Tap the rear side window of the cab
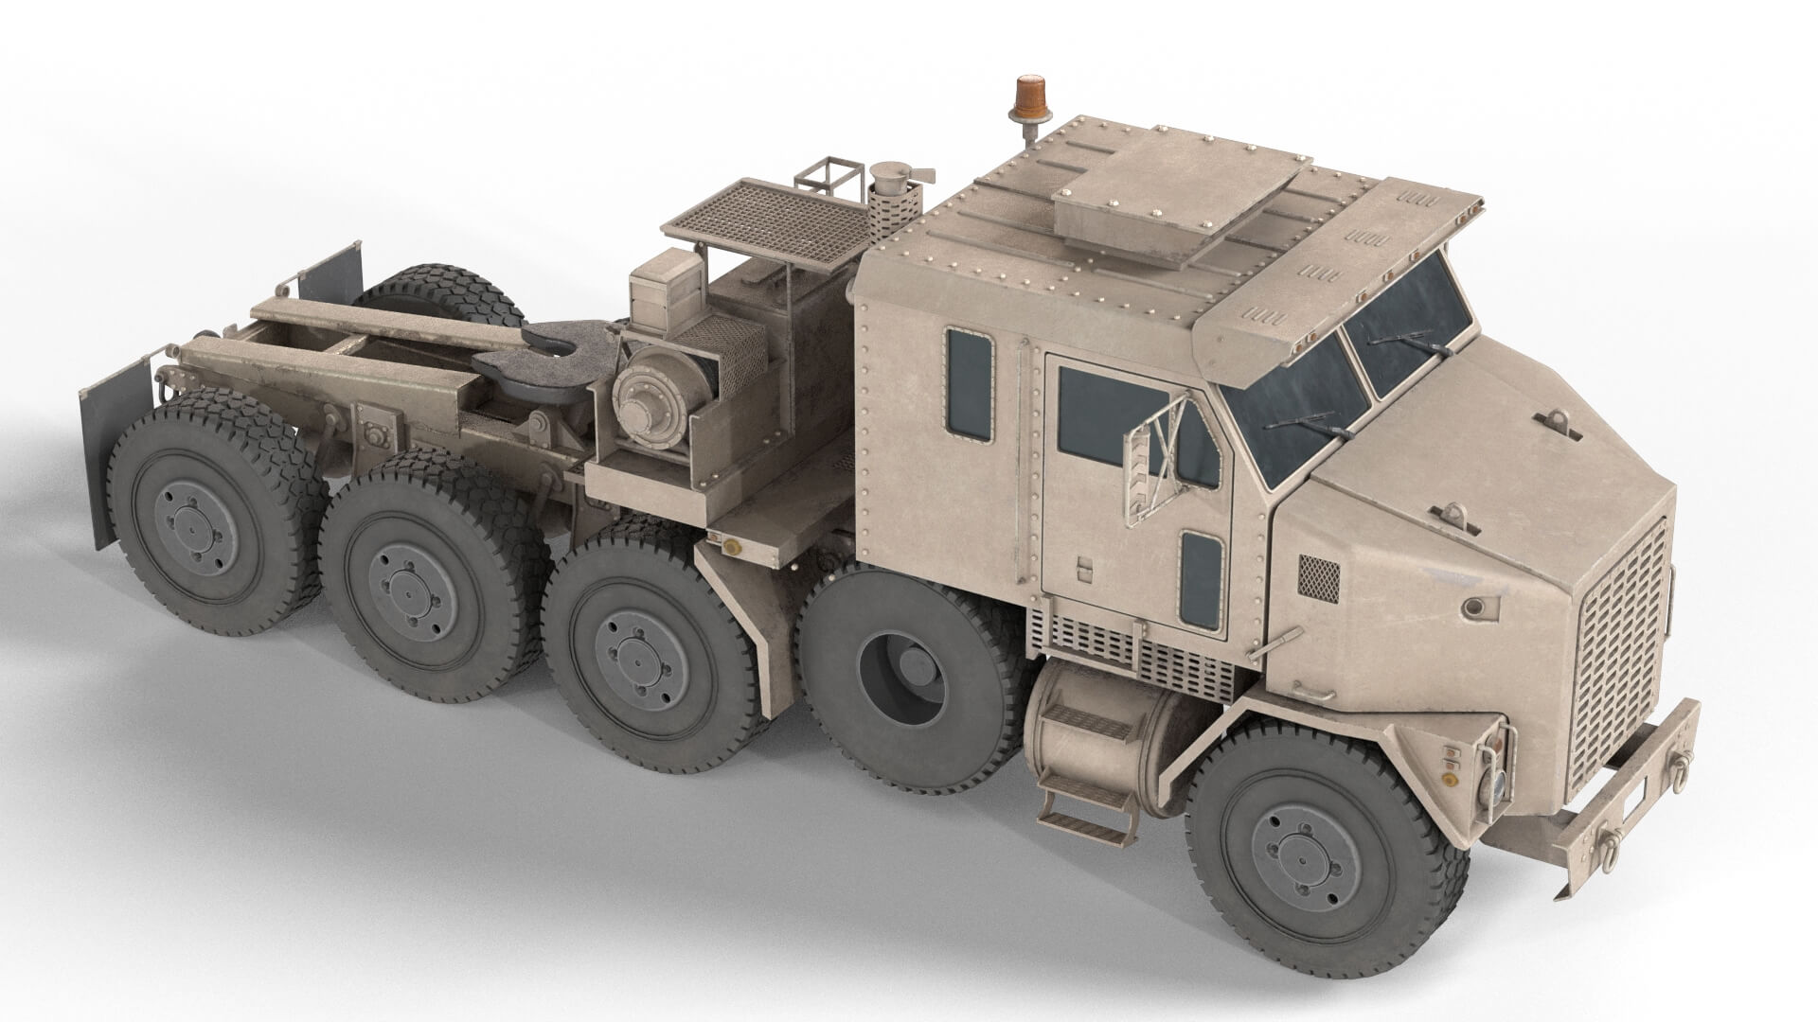click(970, 385)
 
